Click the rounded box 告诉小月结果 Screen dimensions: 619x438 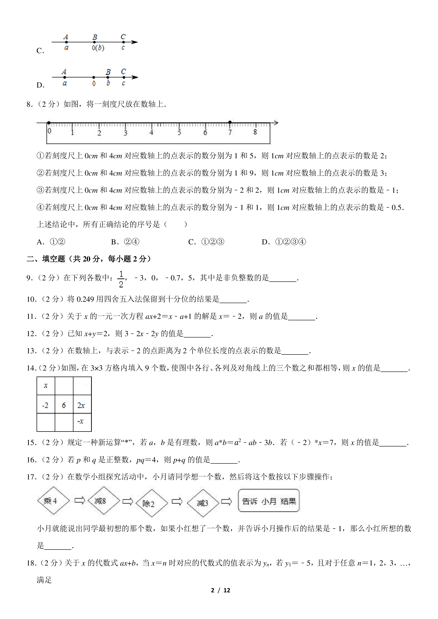(269, 501)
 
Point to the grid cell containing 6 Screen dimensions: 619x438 (64, 405)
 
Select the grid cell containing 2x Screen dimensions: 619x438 (82, 405)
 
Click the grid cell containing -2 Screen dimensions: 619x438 (46, 405)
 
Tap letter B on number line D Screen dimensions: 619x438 (108, 72)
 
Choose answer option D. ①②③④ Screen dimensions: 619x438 (284, 242)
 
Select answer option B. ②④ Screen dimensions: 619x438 (125, 242)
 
